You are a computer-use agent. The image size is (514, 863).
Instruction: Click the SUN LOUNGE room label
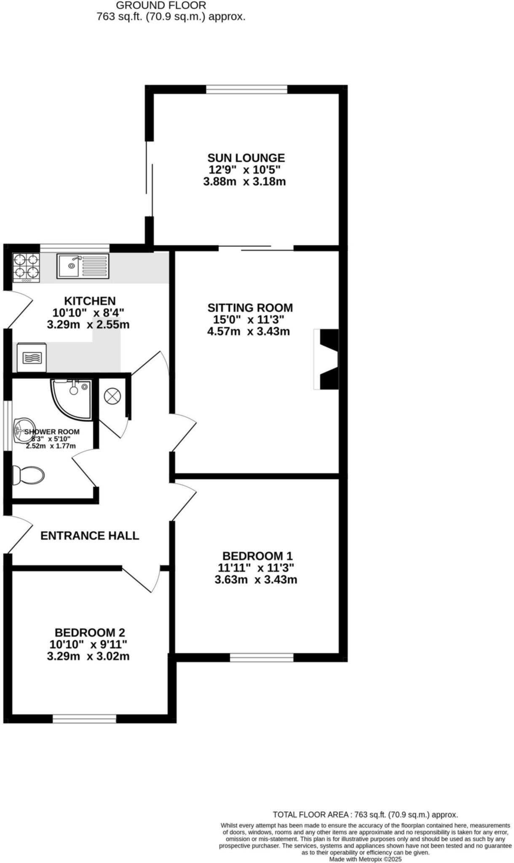click(x=246, y=158)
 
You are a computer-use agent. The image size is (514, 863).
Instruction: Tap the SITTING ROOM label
click(x=250, y=308)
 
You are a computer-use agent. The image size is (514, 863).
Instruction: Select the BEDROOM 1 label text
click(x=257, y=556)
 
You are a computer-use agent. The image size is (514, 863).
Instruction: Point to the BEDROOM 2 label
click(x=90, y=633)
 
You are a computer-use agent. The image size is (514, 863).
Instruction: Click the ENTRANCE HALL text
click(x=90, y=536)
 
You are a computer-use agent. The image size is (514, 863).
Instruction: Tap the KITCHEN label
click(x=90, y=301)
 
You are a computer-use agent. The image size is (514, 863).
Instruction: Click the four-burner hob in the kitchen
click(x=27, y=268)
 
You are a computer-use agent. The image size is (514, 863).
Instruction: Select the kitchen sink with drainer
click(x=83, y=266)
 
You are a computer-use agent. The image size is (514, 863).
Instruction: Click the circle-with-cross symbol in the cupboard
click(x=112, y=396)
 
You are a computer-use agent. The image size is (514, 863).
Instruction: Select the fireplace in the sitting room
click(x=327, y=359)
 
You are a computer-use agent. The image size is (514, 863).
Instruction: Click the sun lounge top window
click(x=247, y=89)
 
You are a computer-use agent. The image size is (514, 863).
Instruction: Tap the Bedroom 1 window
click(x=262, y=657)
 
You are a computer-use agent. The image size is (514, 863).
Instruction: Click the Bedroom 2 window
click(x=84, y=718)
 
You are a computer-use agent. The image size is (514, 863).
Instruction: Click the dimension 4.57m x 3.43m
click(x=249, y=331)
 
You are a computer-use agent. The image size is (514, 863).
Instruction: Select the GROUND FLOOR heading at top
click(x=161, y=5)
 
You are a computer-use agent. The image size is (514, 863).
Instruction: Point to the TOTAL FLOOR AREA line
click(x=365, y=815)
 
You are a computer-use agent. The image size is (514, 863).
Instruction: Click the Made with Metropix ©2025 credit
click(x=366, y=859)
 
